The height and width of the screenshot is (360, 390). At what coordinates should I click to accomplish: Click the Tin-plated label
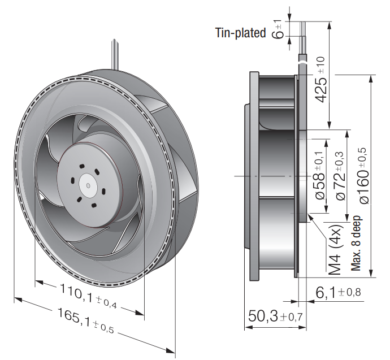pos(241,33)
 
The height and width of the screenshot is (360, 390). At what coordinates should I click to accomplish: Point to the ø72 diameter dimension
pos(341,176)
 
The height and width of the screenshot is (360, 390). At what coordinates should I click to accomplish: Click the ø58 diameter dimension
pos(319,176)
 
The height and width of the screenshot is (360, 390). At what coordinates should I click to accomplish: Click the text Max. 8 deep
pos(356,243)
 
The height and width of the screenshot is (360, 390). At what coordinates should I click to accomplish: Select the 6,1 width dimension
pos(338,292)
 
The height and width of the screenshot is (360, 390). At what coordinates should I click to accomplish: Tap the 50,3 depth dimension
pos(275,316)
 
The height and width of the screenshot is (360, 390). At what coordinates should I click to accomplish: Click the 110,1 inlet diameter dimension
pos(88,296)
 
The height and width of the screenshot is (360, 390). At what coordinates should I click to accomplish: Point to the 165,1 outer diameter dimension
pos(85,320)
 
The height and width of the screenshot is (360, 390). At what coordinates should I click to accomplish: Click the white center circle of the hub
pos(88,185)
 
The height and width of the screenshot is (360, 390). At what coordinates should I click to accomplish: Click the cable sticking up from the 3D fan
pos(115,54)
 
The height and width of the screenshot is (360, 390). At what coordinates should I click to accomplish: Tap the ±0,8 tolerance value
pos(349,293)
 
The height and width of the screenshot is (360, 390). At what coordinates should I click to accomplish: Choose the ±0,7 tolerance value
pos(292,316)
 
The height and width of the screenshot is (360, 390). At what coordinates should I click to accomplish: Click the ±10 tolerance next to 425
pos(321,65)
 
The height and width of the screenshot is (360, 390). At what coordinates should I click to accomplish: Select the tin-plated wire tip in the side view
pos(303,29)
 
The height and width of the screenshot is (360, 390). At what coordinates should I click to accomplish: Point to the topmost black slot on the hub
pos(81,166)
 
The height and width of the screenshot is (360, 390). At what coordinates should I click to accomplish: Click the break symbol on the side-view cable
pos(302,62)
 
